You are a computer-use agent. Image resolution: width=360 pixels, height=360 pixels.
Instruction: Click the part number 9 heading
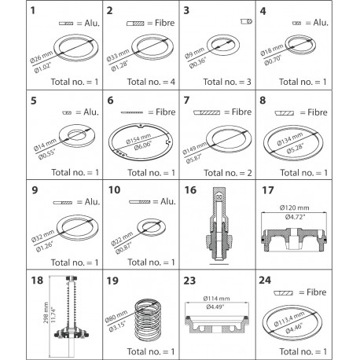[x=11, y=189]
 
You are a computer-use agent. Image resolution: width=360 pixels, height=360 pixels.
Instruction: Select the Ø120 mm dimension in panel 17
[x=314, y=208]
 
